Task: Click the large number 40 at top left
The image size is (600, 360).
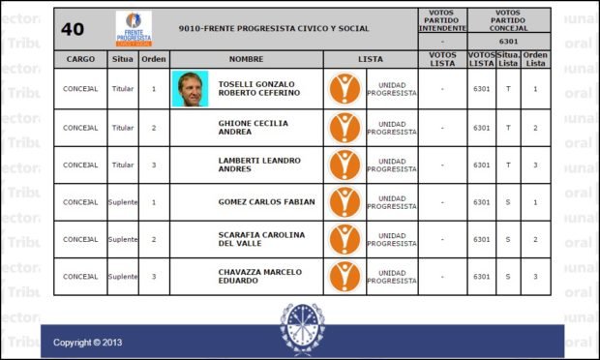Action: [73, 29]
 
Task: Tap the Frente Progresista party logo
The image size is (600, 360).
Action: [133, 29]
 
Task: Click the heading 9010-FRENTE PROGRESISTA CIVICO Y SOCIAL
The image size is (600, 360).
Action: [274, 29]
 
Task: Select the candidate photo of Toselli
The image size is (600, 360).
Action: [190, 89]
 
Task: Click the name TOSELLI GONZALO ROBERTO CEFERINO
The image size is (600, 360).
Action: [258, 89]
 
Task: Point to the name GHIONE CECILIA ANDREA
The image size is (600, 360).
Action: [255, 128]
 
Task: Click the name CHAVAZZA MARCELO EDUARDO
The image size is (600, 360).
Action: [259, 276]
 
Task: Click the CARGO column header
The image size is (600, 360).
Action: [80, 59]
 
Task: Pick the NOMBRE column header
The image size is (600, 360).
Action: [246, 59]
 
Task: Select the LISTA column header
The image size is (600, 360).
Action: [370, 59]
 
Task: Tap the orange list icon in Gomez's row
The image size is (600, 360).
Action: [345, 202]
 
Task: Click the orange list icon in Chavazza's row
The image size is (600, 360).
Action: [345, 276]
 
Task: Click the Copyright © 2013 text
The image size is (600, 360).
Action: [88, 343]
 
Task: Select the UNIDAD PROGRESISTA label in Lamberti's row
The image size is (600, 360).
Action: [392, 165]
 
